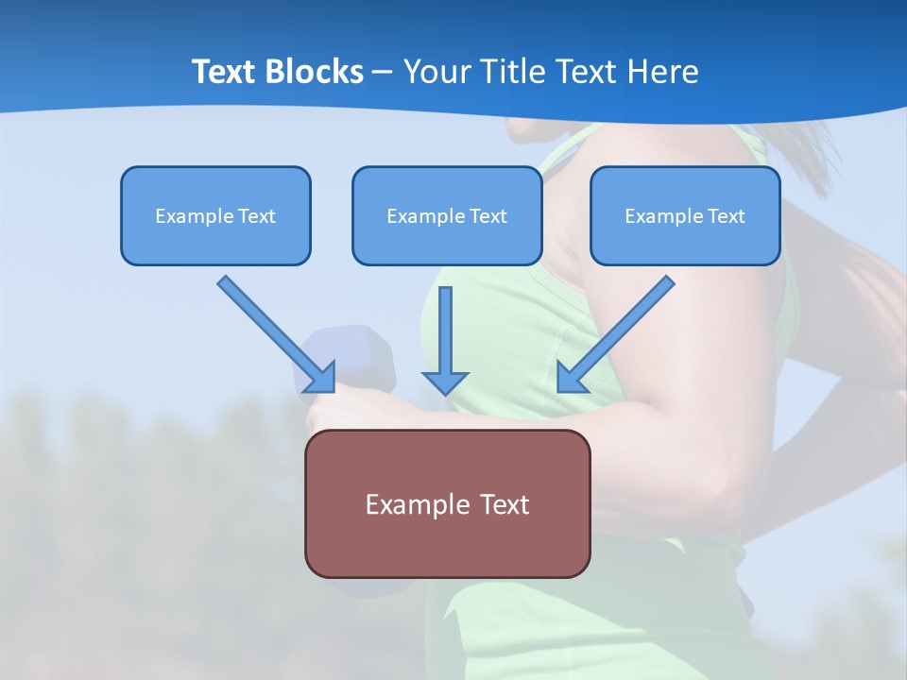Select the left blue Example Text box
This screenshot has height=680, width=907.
[215, 215]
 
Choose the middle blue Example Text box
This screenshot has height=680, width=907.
[447, 215]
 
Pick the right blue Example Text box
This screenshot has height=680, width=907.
[685, 215]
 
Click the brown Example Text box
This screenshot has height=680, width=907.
[447, 503]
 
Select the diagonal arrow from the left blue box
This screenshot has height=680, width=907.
[274, 331]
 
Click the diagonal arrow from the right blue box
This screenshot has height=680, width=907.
[619, 331]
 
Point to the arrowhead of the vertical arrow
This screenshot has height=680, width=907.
[445, 382]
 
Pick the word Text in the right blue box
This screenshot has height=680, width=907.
[726, 216]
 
